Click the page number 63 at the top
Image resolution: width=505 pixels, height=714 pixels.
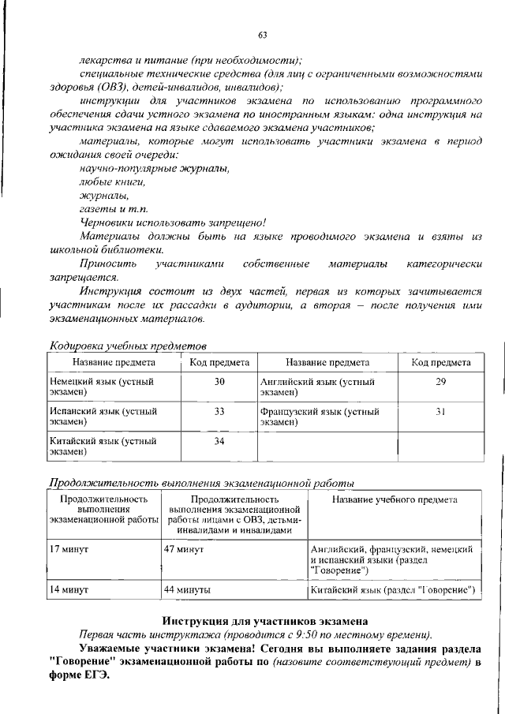[x=263, y=33]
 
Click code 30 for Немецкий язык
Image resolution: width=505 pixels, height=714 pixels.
[x=219, y=382]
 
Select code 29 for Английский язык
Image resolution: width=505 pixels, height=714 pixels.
[x=441, y=382]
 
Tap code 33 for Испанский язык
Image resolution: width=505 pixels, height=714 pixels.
[x=219, y=411]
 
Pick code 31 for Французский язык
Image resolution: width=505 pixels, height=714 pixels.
[x=441, y=411]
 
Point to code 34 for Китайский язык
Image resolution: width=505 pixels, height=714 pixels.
[x=219, y=441]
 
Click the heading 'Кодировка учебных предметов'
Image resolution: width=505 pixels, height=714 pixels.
[x=128, y=346]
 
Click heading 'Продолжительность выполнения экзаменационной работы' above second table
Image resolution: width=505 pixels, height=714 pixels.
[x=190, y=483]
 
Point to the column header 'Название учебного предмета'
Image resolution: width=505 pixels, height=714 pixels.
[x=395, y=499]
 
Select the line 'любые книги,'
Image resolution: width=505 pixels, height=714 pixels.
[x=113, y=181]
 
